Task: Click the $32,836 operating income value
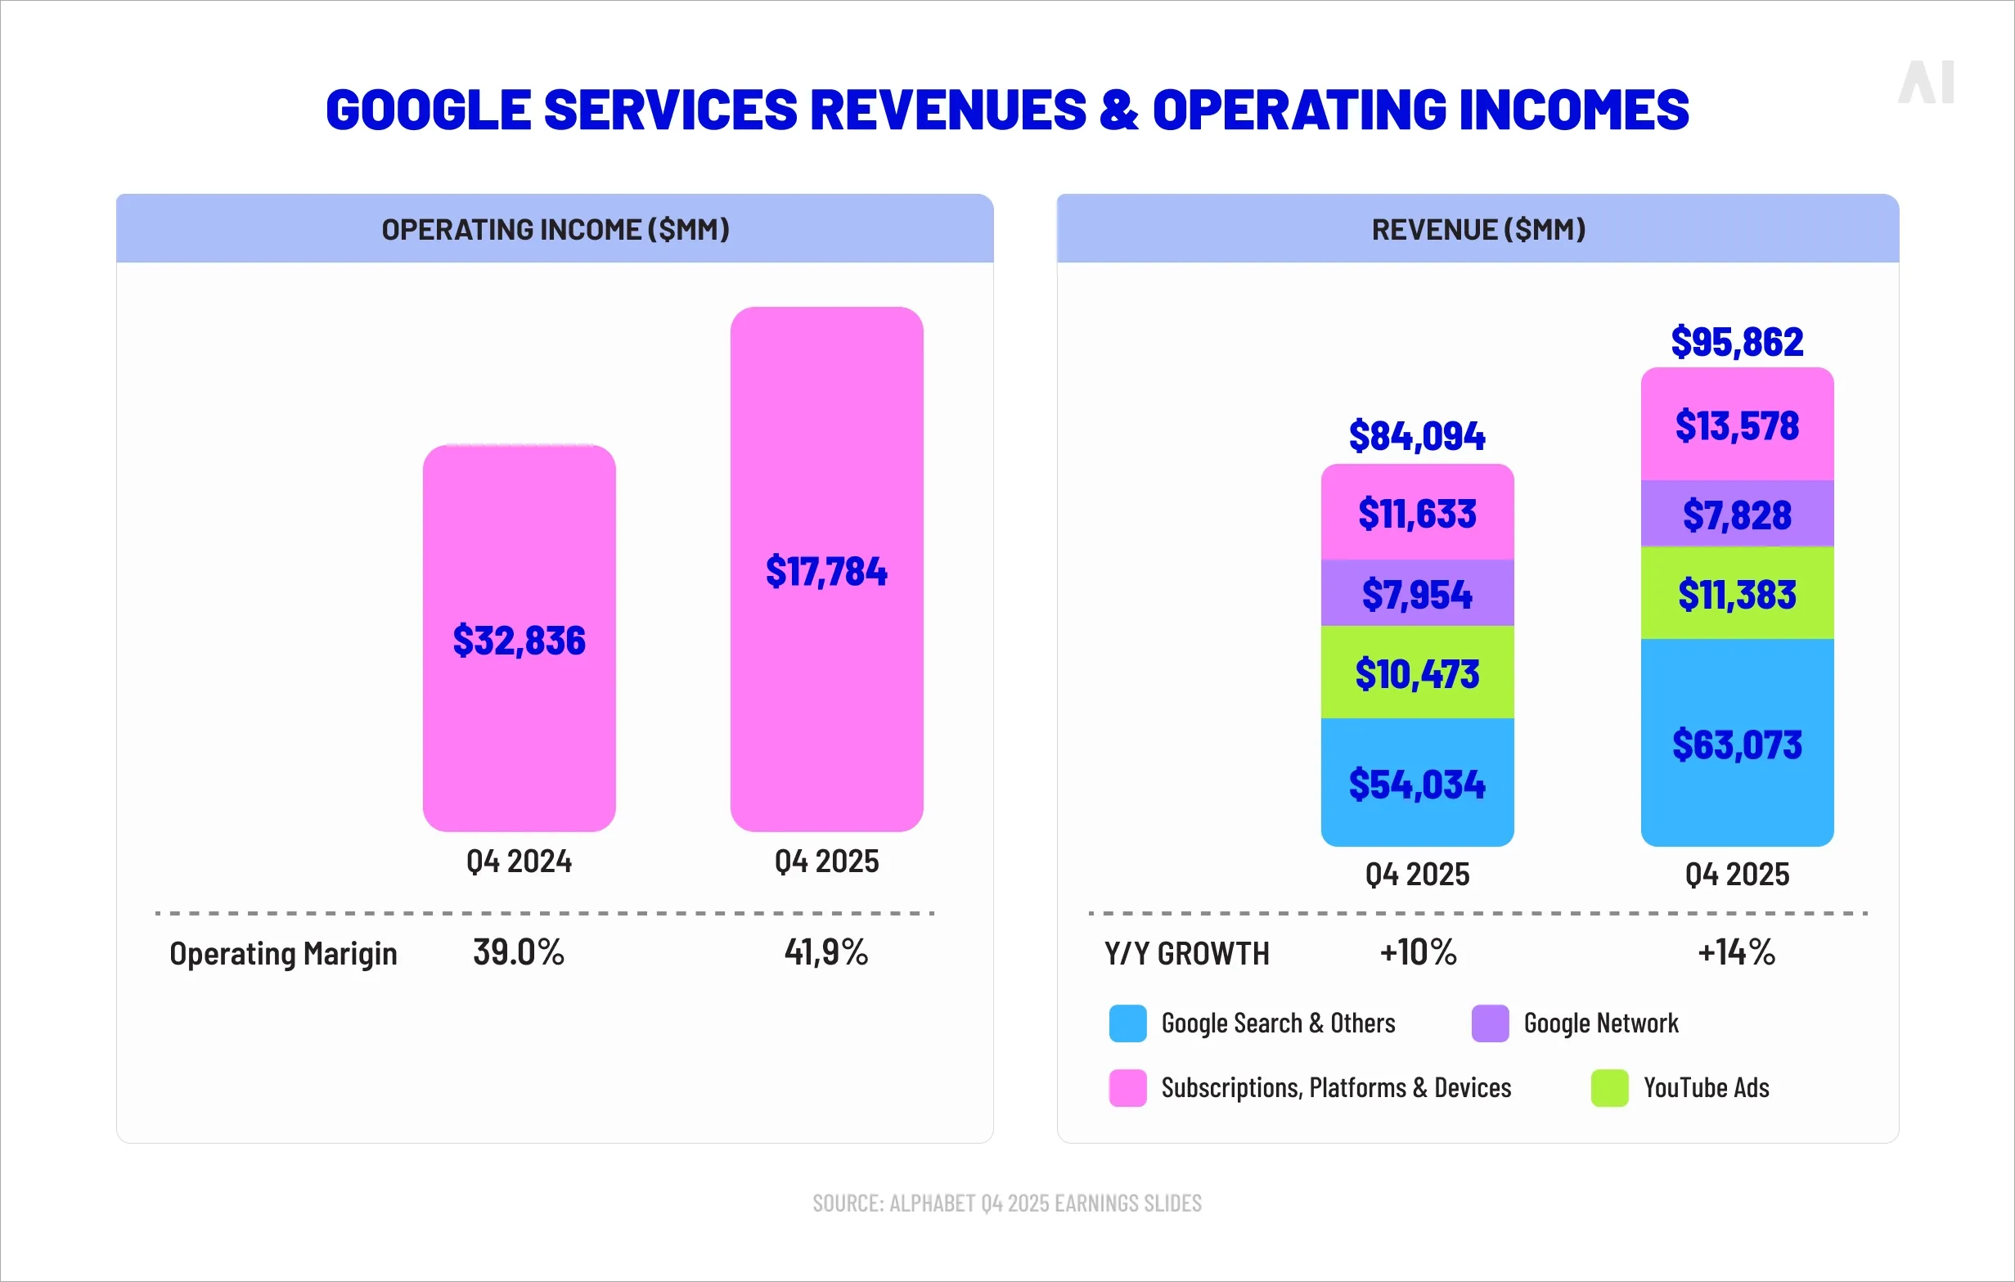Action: click(519, 640)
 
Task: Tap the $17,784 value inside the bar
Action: click(826, 572)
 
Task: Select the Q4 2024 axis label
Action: click(519, 861)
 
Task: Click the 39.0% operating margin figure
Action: click(519, 952)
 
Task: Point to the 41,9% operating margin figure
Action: click(826, 952)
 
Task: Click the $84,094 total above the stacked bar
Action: click(1417, 436)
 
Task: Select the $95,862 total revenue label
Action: click(1736, 341)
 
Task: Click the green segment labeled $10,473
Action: click(1417, 673)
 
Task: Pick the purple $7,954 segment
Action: click(1417, 594)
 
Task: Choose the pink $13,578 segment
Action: click(1736, 425)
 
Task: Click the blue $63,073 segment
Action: click(1736, 744)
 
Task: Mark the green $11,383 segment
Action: click(1736, 594)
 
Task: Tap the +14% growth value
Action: click(1736, 952)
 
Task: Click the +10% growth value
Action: click(1419, 952)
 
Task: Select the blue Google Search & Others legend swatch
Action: click(1127, 1023)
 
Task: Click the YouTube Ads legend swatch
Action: click(1609, 1088)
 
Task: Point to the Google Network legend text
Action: click(1600, 1023)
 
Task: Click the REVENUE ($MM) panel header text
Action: click(1478, 229)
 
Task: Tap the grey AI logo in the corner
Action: click(1926, 82)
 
